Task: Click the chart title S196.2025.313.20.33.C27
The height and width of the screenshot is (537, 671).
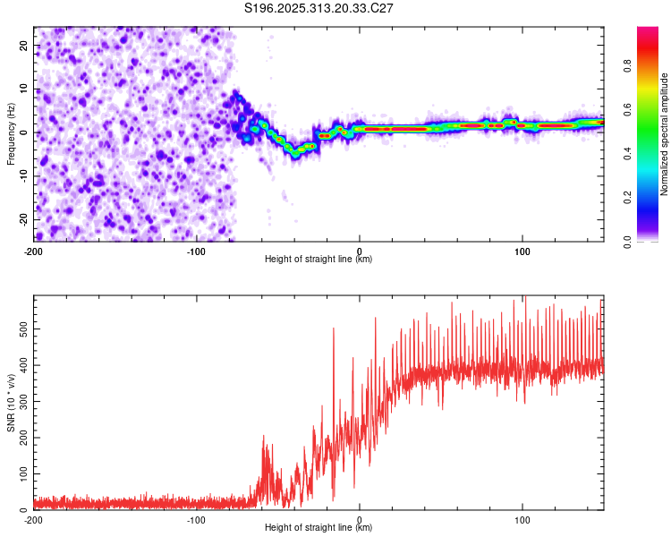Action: [x=319, y=9]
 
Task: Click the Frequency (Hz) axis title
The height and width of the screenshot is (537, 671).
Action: [x=11, y=132]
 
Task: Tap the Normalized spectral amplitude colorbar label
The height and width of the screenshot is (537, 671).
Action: [x=664, y=134]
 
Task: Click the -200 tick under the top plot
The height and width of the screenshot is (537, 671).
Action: [x=34, y=250]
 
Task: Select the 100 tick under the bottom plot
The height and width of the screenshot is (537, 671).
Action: [x=522, y=519]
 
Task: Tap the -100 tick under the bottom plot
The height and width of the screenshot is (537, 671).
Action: [x=196, y=519]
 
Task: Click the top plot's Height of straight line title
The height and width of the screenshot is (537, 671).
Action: [x=319, y=260]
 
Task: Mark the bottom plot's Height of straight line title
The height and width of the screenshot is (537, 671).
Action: [x=319, y=529]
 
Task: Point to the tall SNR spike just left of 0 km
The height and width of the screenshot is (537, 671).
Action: [x=334, y=329]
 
